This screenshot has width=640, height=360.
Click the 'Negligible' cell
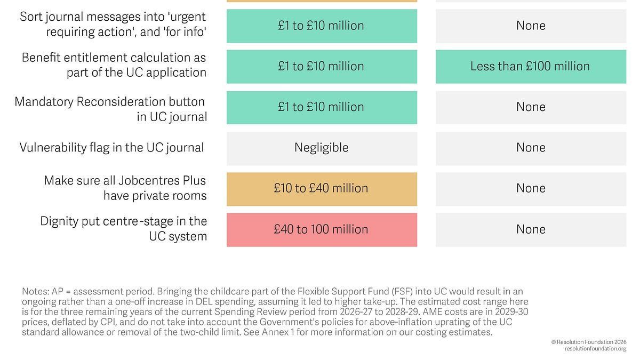pyautogui.click(x=322, y=148)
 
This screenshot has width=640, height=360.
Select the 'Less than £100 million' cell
pyautogui.click(x=531, y=66)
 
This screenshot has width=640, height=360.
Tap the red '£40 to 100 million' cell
pyautogui.click(x=322, y=229)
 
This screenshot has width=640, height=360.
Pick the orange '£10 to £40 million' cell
pyautogui.click(x=322, y=188)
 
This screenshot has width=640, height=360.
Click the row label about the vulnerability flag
pyautogui.click(x=111, y=148)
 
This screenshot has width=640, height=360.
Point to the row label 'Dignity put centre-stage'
pyautogui.click(x=124, y=228)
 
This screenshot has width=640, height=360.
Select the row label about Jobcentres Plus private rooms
pyautogui.click(x=125, y=188)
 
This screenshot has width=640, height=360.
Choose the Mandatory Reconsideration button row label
pyautogui.click(x=111, y=109)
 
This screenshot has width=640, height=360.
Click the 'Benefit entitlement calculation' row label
pyautogui.click(x=114, y=65)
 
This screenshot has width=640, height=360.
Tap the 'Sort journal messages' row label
pyautogui.click(x=113, y=24)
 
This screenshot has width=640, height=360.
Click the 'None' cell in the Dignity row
pyautogui.click(x=531, y=229)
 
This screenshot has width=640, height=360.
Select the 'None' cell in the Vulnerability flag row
pyautogui.click(x=531, y=148)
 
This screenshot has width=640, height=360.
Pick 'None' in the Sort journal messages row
pyautogui.click(x=531, y=26)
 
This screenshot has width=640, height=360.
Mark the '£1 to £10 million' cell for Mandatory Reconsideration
pyautogui.click(x=322, y=107)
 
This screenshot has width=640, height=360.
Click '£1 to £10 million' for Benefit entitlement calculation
pyautogui.click(x=322, y=66)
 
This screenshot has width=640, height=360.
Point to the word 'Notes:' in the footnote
pyautogui.click(x=35, y=292)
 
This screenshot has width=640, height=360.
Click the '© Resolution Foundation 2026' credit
pyautogui.click(x=589, y=342)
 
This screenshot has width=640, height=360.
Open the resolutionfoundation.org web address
pyautogui.click(x=595, y=349)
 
